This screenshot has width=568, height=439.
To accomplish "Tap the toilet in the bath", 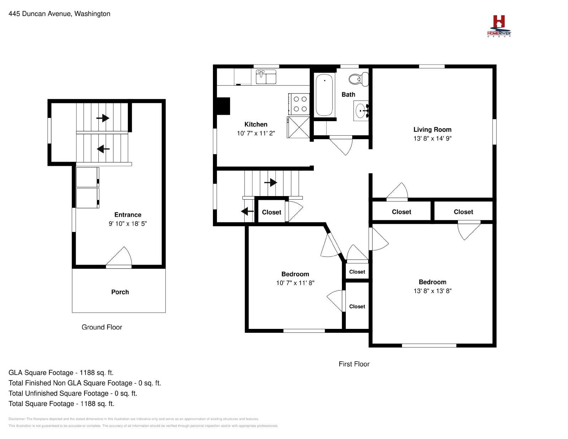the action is click(x=359, y=79).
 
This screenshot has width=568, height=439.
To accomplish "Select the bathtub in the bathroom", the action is click(x=324, y=94).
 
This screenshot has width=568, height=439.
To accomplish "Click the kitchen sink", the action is click(x=266, y=77).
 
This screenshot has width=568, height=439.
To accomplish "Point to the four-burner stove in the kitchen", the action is click(x=299, y=104).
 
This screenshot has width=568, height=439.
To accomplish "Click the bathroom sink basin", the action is click(x=361, y=111).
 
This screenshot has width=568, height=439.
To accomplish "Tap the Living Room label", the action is click(x=432, y=129).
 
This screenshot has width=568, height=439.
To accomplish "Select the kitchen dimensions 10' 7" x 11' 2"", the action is click(x=256, y=133).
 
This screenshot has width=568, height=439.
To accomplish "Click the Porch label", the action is click(x=120, y=292).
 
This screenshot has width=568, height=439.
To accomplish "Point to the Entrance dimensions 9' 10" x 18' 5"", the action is click(x=127, y=223).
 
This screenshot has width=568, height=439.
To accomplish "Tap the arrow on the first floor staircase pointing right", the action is click(x=271, y=182).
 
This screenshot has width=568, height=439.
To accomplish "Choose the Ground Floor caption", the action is click(x=102, y=327).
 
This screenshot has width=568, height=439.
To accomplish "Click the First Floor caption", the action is click(x=354, y=364).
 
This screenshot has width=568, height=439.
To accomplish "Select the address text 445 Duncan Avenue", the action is click(x=40, y=14).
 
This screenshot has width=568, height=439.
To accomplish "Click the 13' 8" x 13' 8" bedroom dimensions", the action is click(x=432, y=291).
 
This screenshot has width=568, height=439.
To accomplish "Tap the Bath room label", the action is click(x=349, y=94).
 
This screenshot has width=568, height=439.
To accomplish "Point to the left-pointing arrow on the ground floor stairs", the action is click(x=103, y=149).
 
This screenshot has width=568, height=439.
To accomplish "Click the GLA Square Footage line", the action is click(x=61, y=373).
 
